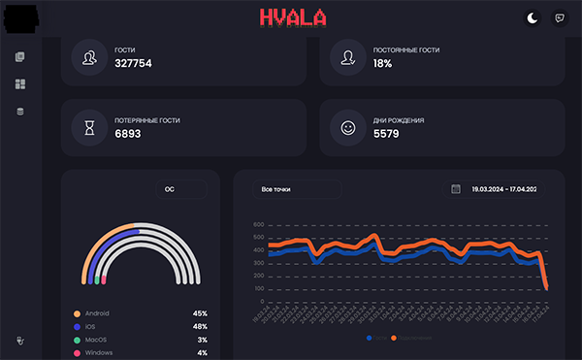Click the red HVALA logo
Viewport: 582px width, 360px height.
292,17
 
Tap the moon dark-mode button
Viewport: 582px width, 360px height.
532,17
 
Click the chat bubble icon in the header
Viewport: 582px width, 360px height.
560,17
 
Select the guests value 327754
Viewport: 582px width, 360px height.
133,64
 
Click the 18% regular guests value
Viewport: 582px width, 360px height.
382,64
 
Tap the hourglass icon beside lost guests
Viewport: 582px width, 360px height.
89,127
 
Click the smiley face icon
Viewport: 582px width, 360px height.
348,127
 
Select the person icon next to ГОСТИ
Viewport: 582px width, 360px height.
89,57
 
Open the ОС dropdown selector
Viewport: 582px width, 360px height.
180,189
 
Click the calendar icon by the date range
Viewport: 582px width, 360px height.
456,189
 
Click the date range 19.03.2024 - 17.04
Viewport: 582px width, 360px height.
503,189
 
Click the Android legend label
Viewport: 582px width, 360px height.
97,313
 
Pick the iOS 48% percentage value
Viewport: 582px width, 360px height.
200,327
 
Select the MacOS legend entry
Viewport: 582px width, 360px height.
97,340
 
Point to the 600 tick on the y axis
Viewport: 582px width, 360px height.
258,225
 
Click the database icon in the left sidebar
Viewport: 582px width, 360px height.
19,112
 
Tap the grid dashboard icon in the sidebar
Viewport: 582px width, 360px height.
19,84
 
